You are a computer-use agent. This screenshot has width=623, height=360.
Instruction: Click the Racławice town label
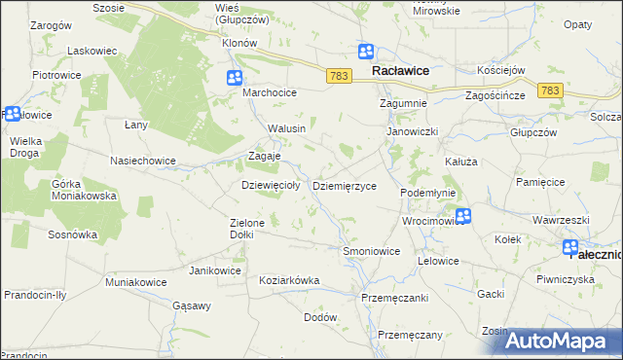click(x=403, y=71)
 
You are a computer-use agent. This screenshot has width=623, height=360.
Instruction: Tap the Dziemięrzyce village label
click(x=344, y=185)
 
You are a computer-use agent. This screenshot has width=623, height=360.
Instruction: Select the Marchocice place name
click(x=270, y=92)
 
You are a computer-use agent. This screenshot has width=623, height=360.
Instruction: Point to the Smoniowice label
click(x=372, y=251)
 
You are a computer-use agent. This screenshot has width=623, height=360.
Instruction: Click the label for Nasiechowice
click(x=143, y=161)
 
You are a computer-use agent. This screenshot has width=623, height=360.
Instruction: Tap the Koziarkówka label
click(x=289, y=280)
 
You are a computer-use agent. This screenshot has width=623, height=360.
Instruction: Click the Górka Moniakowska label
click(x=84, y=190)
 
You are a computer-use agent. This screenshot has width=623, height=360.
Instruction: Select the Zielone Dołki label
click(x=247, y=229)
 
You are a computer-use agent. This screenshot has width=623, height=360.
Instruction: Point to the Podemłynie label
click(x=428, y=193)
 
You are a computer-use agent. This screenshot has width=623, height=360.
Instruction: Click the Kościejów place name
click(x=529, y=71)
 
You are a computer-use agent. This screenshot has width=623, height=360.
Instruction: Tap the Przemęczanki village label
click(x=394, y=298)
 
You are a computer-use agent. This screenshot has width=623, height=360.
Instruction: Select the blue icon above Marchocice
click(x=235, y=78)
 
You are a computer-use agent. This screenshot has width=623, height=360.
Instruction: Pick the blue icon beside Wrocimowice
click(x=463, y=216)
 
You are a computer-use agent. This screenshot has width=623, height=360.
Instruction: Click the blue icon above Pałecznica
click(x=570, y=248)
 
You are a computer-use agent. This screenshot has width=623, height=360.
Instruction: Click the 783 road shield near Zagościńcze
click(x=551, y=90)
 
